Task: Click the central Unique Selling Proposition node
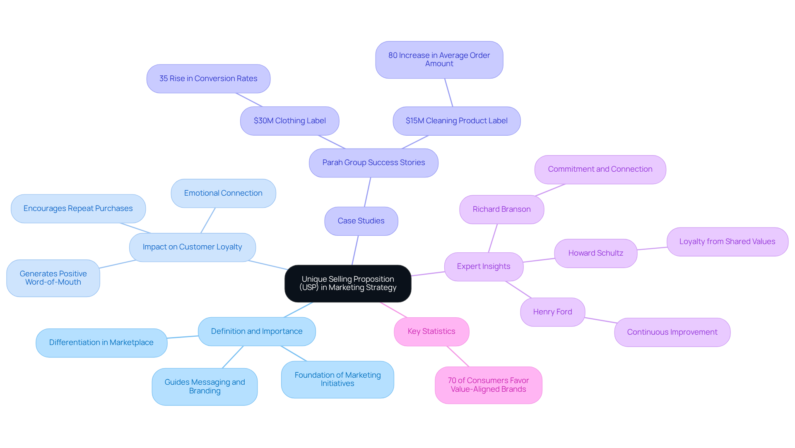click(x=348, y=283)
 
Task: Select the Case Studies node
click(x=361, y=221)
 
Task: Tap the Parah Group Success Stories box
click(x=373, y=163)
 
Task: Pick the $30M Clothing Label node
click(x=289, y=121)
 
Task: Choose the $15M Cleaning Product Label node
click(x=456, y=121)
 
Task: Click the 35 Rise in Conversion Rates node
click(x=208, y=79)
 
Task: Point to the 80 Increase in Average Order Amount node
click(x=439, y=60)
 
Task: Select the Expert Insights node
click(x=484, y=266)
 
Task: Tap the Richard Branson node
click(x=501, y=209)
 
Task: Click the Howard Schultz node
click(x=595, y=253)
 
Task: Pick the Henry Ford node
click(x=552, y=312)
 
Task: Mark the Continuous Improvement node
click(x=672, y=332)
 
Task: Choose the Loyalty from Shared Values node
click(x=727, y=242)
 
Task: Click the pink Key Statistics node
click(x=431, y=331)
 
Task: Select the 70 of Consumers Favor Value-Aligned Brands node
click(x=488, y=385)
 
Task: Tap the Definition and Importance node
click(x=257, y=331)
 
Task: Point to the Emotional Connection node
click(x=223, y=193)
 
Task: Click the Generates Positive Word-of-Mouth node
click(x=53, y=278)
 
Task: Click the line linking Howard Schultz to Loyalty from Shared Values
click(x=652, y=248)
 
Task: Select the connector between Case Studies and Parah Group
click(x=367, y=192)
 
